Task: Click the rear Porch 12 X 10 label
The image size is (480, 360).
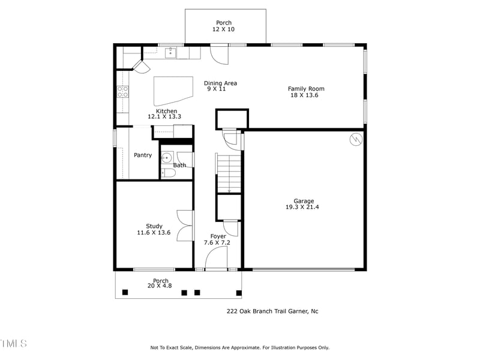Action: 224,26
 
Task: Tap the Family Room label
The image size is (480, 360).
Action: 306,92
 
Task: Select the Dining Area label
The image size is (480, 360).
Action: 220,86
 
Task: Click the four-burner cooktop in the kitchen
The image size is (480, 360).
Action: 122,92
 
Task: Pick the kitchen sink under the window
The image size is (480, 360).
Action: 170,53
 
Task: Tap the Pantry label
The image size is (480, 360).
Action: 143,155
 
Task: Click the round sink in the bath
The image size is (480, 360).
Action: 167,158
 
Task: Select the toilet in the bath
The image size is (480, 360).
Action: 169,173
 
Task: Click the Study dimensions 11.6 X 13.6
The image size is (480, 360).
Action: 154,232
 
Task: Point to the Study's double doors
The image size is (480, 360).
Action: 185,225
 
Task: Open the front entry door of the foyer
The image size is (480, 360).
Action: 216,259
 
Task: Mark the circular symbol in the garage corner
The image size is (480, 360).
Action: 356,139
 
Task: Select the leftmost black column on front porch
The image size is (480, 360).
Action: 125,292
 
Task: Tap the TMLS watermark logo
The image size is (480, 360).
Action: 13,343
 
